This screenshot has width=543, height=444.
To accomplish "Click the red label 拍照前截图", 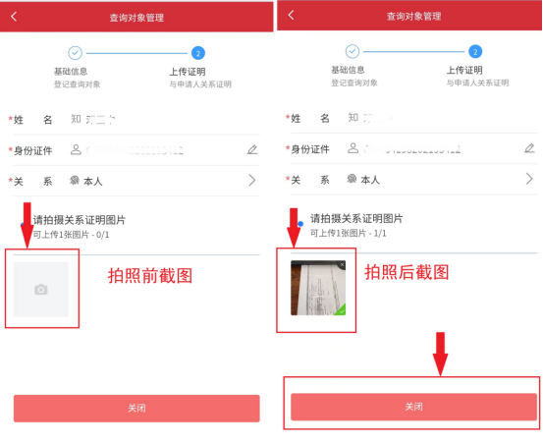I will (149, 276).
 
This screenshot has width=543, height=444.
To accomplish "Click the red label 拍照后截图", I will (407, 272).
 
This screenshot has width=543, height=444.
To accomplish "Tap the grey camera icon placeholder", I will (40, 289).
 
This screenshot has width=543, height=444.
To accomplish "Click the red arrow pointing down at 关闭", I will (441, 354).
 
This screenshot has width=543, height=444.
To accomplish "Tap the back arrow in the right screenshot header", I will (291, 16).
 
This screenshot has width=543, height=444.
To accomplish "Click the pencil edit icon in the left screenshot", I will (252, 149).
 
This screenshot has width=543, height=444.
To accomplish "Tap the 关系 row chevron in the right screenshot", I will (528, 180).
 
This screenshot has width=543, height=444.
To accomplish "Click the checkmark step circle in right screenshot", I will (353, 52).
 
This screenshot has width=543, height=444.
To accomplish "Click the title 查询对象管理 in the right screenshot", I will (413, 17).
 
